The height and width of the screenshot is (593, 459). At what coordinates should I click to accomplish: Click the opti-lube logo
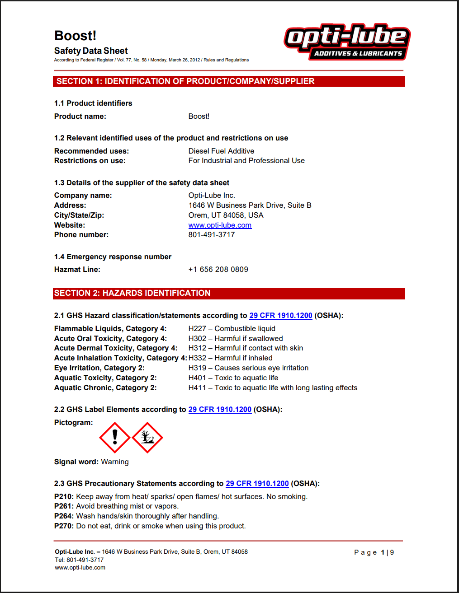point(347,42)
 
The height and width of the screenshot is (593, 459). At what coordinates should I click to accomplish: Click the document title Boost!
point(75,36)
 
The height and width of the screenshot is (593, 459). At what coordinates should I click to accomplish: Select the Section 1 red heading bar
point(229,81)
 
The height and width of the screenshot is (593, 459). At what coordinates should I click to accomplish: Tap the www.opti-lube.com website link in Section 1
point(220,225)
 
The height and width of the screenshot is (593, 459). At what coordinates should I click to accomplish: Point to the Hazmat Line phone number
point(218,269)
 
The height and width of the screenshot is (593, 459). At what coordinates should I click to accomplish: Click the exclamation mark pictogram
point(115,437)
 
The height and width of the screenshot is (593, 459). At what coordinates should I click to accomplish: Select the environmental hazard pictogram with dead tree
point(147,437)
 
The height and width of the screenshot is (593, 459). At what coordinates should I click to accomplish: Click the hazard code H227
point(197,328)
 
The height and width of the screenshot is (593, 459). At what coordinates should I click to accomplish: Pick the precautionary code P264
point(64,516)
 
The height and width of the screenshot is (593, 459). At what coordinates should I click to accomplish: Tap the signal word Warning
point(115,462)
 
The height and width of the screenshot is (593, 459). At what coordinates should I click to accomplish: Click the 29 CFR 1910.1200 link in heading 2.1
point(281,315)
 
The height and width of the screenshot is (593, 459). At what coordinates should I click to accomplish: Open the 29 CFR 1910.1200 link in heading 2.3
point(257,483)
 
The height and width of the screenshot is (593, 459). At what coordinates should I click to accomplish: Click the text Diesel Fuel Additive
point(221,151)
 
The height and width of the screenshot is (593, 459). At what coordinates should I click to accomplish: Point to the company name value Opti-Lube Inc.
point(212,195)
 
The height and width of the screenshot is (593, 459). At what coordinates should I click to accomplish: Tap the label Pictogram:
point(73,422)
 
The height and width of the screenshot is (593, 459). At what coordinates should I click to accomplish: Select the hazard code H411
point(197,388)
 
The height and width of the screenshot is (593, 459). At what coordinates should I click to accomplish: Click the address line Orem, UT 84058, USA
point(226,215)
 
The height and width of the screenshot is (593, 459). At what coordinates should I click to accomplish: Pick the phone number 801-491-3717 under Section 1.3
point(212,234)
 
